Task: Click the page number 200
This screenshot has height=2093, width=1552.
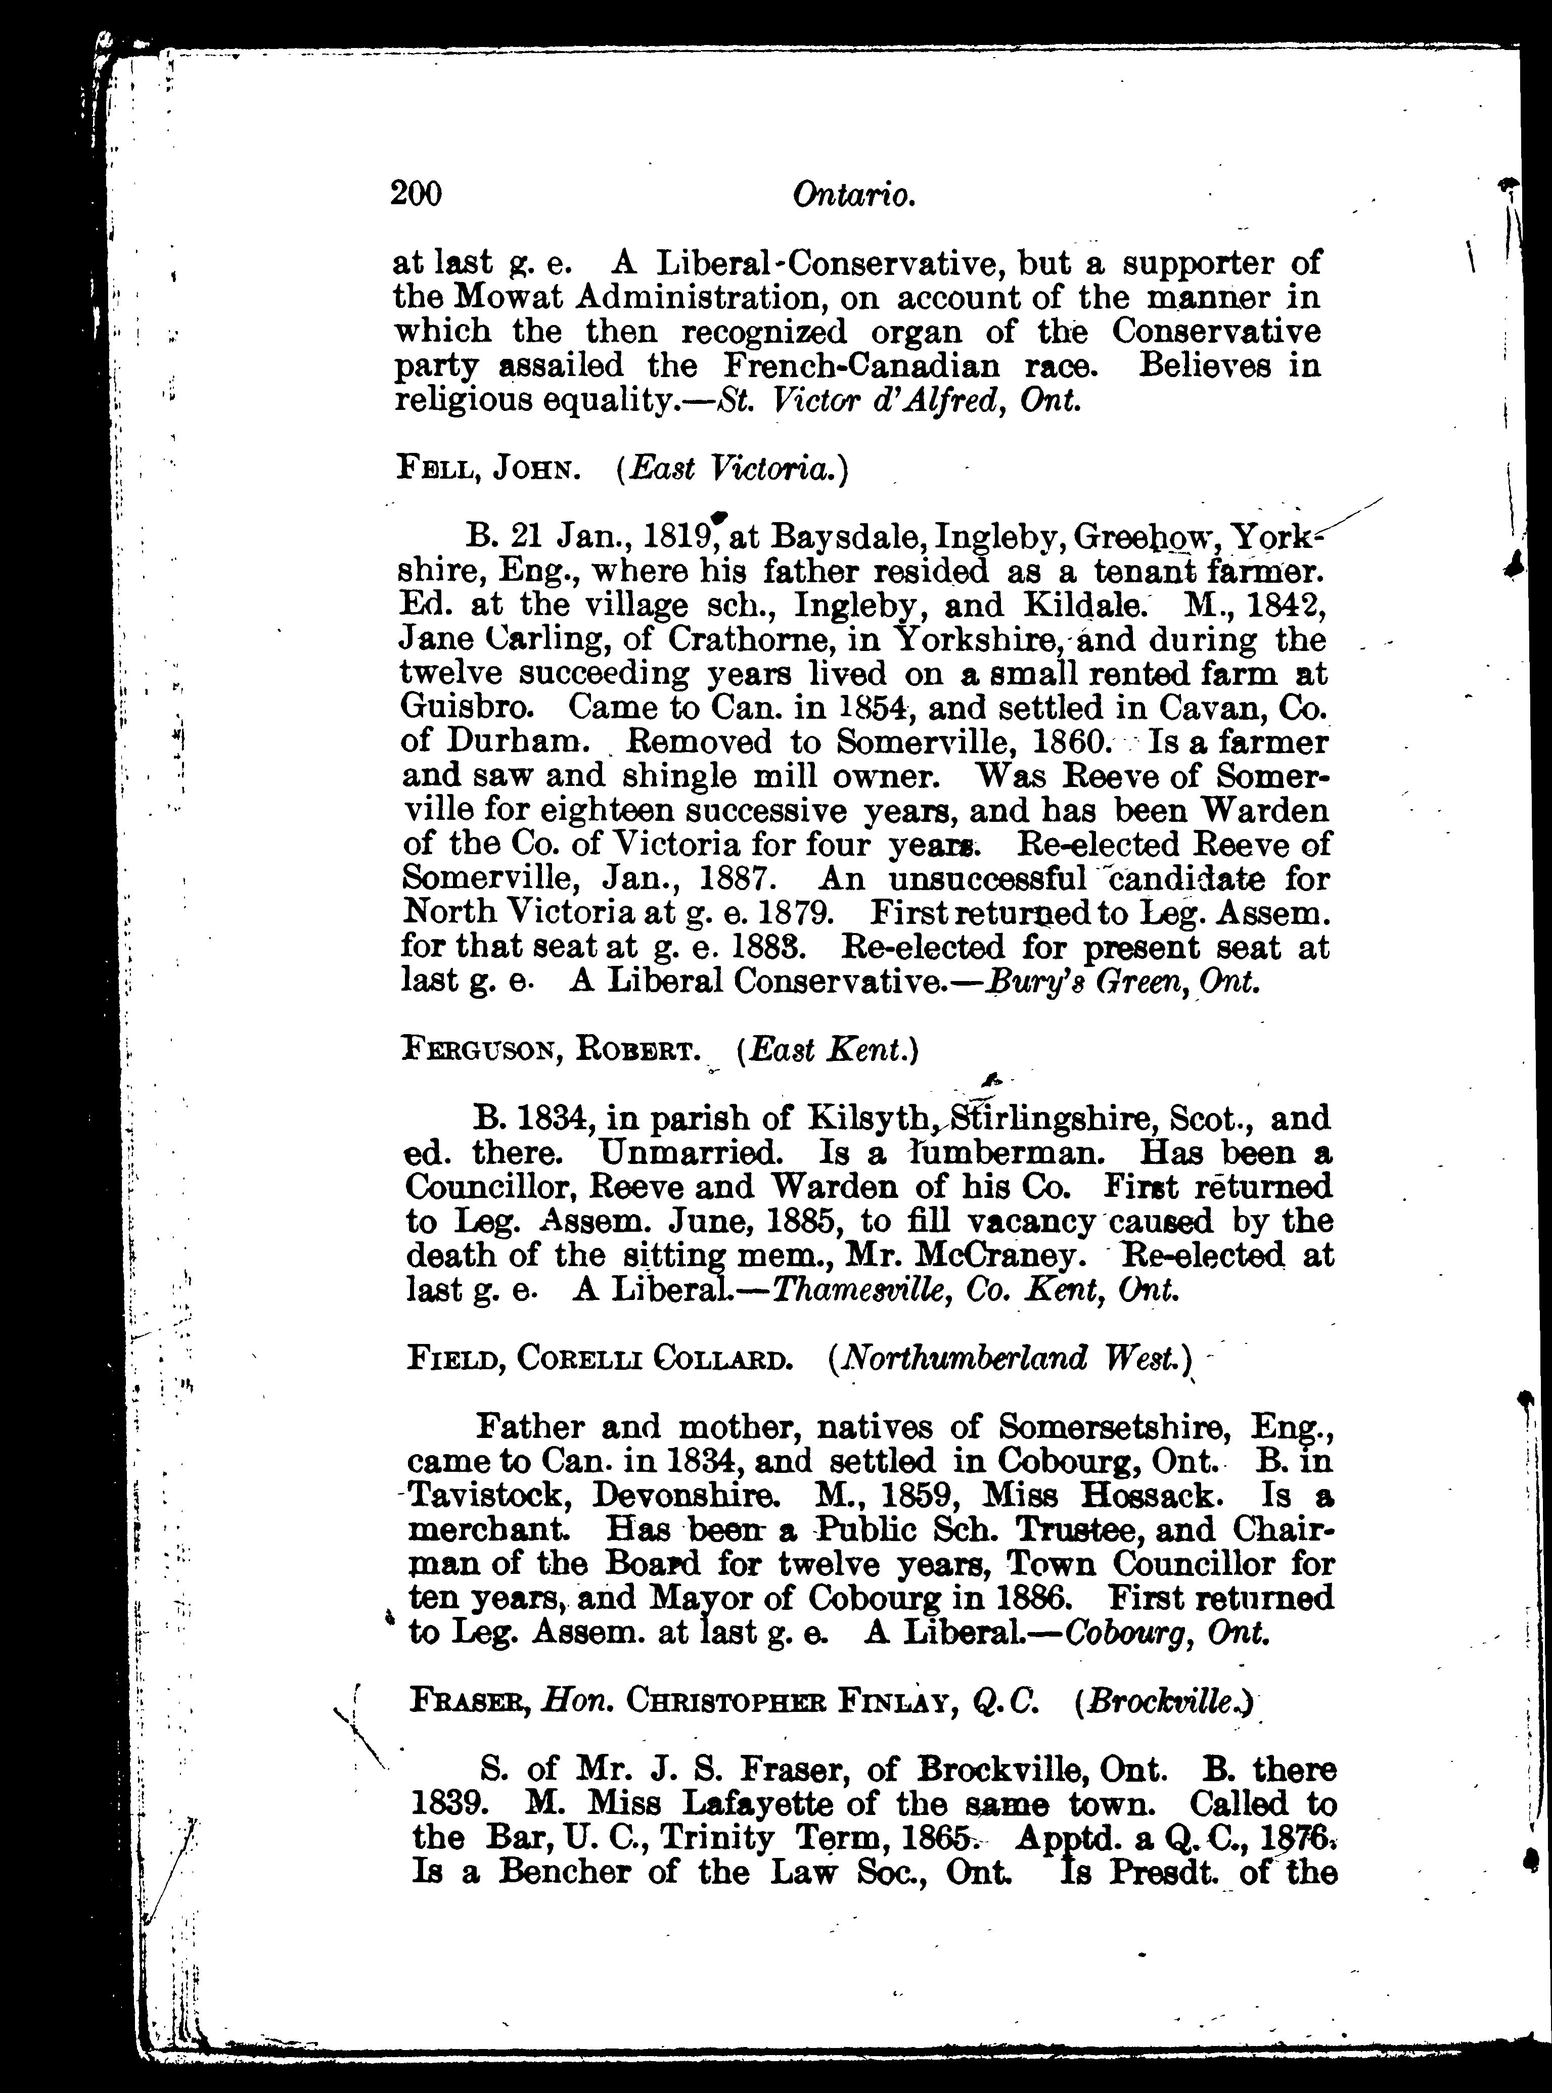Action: point(415,194)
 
